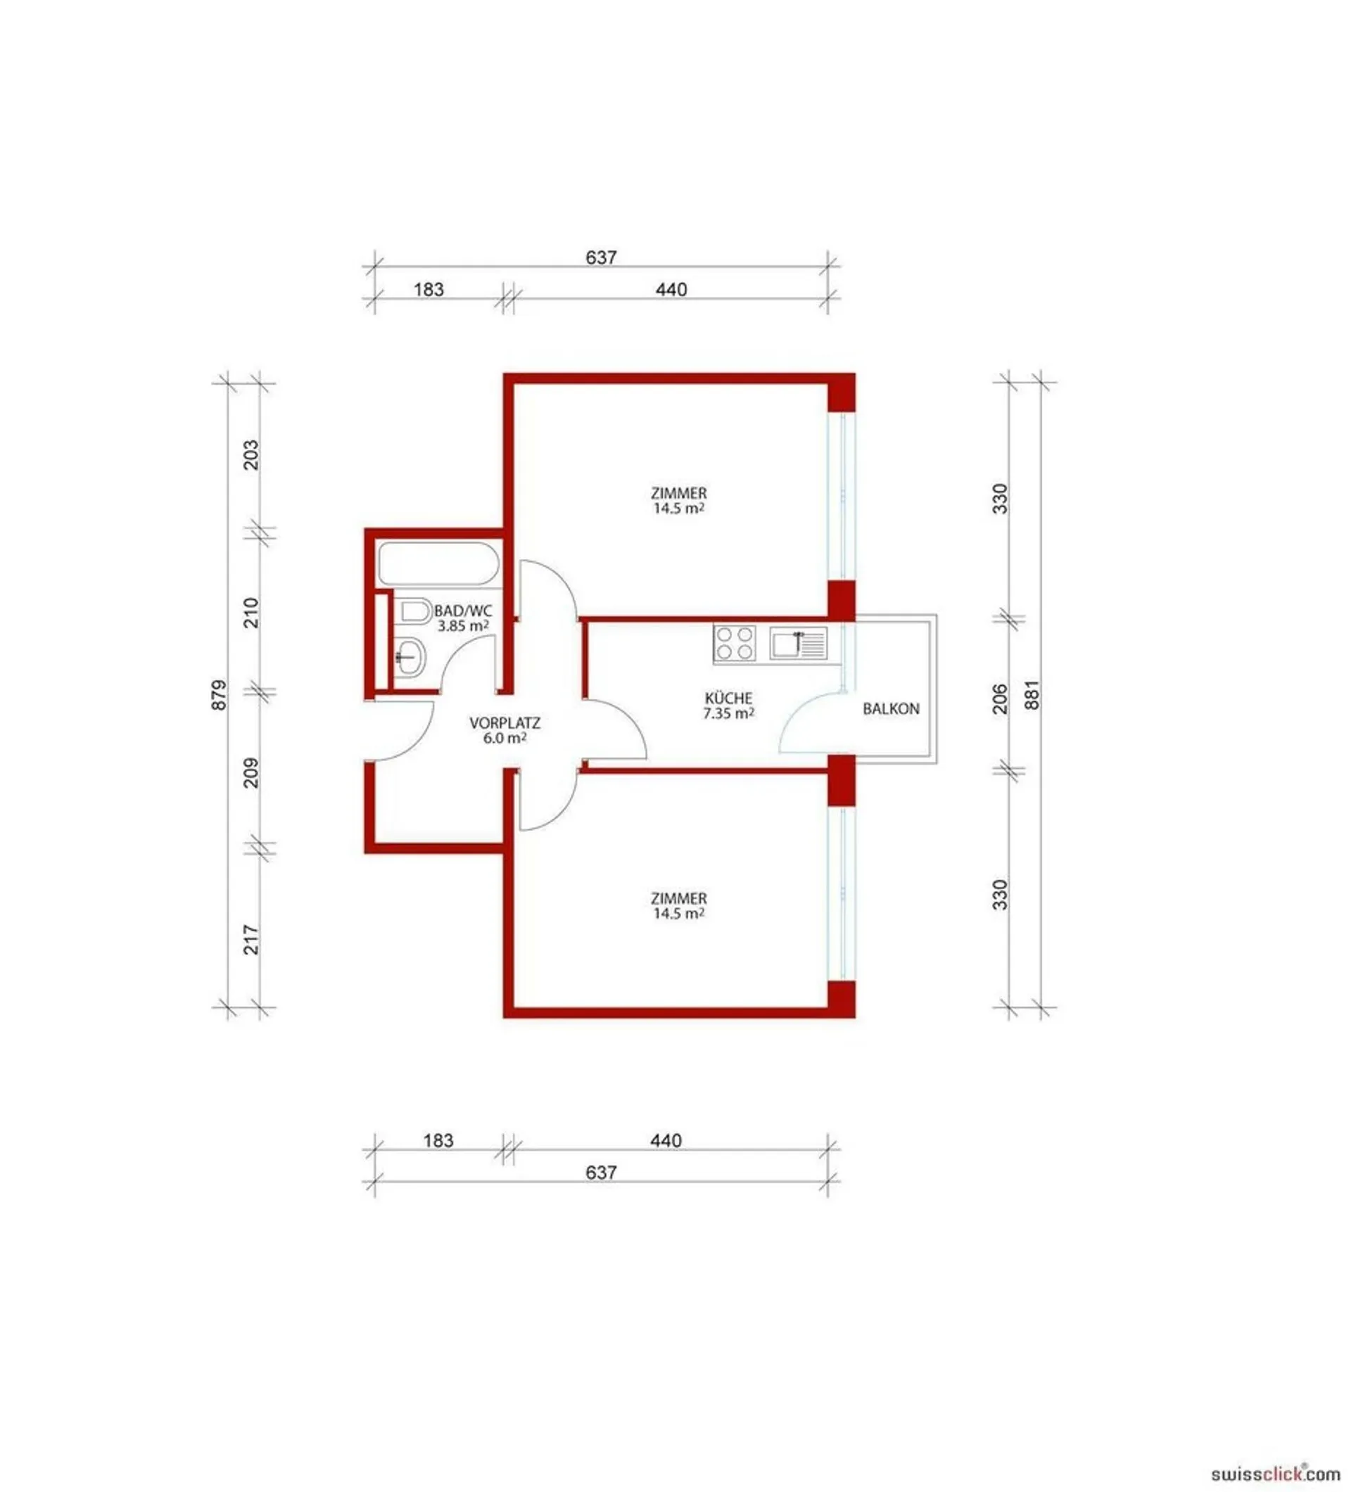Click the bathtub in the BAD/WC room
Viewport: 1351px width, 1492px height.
click(438, 565)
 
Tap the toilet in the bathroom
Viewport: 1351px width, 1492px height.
click(416, 611)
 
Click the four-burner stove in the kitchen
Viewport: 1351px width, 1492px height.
click(735, 643)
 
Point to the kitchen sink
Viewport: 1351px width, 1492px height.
click(798, 643)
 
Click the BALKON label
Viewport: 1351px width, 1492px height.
click(891, 708)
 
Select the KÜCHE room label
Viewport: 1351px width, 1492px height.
click(728, 697)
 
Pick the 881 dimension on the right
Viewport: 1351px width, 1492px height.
click(1032, 695)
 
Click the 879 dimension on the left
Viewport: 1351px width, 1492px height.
click(219, 695)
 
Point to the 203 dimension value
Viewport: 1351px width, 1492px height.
click(252, 454)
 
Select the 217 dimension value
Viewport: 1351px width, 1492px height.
click(252, 939)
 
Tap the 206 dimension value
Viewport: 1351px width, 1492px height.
click(999, 699)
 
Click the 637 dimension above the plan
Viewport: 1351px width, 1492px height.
click(600, 257)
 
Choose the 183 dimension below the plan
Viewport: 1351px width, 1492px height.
click(438, 1140)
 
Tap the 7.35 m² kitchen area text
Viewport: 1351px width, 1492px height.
click(728, 713)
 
